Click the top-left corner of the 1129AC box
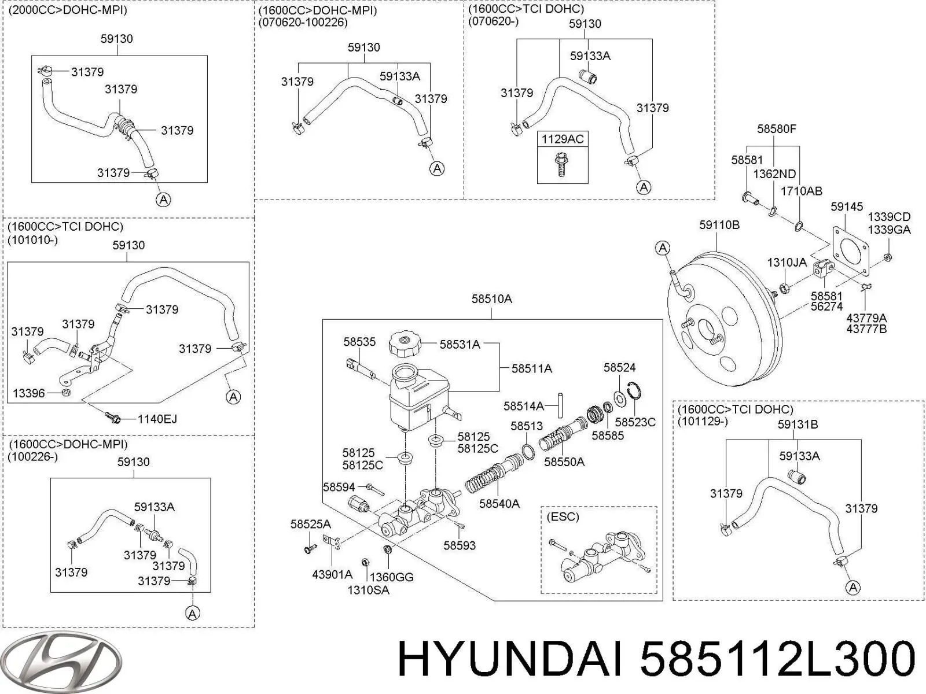[537, 131]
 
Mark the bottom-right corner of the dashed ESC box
[657, 593]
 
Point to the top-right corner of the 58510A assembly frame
[662, 319]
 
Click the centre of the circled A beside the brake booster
[663, 248]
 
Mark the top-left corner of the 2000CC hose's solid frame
[32, 55]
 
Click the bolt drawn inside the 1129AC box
[561, 165]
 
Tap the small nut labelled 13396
[66, 393]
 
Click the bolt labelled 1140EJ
[113, 418]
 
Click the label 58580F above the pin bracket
[776, 129]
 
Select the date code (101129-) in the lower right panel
[703, 422]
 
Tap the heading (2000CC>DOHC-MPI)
[68, 10]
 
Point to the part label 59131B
[798, 424]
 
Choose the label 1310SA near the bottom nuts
[368, 590]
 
